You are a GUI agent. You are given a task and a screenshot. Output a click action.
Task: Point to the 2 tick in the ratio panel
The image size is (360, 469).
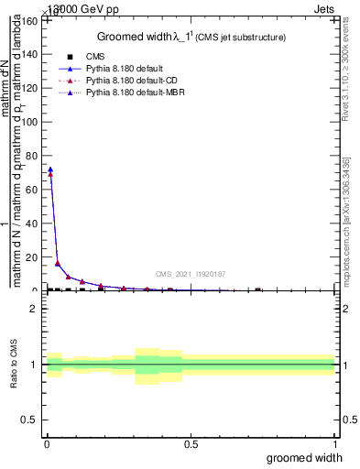coord(34,309)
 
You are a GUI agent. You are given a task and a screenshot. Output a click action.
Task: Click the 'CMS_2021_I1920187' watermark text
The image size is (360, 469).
coord(191,273)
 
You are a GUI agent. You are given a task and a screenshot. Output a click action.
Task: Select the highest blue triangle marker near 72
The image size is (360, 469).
coord(50,169)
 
